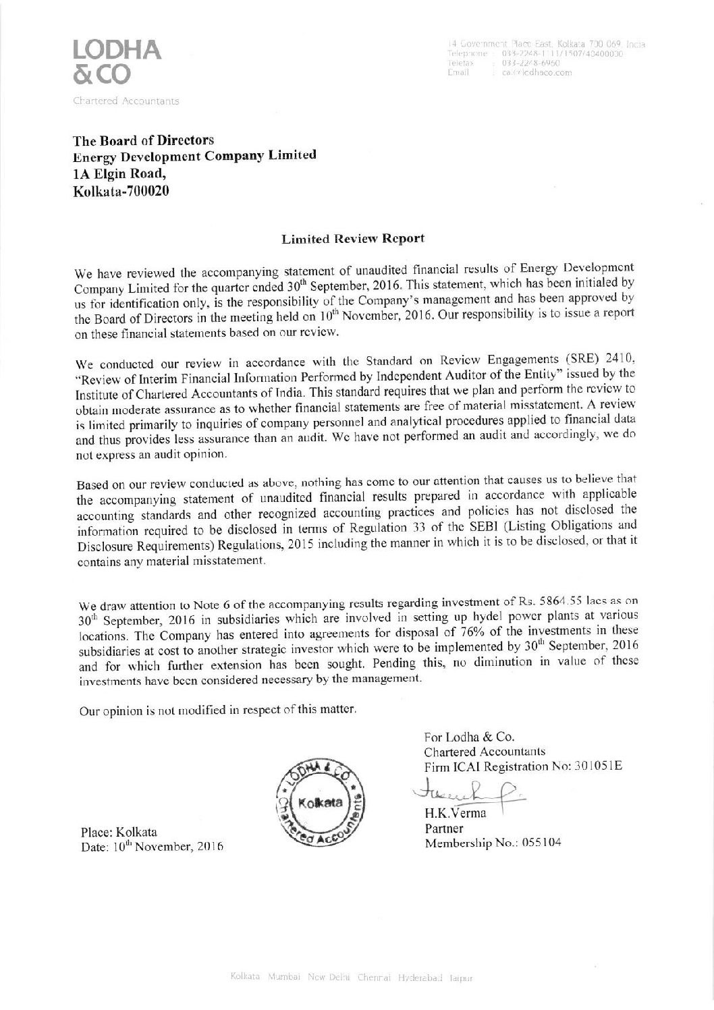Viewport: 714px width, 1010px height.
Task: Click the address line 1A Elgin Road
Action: (117, 173)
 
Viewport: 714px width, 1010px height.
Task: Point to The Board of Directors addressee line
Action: (143, 140)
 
